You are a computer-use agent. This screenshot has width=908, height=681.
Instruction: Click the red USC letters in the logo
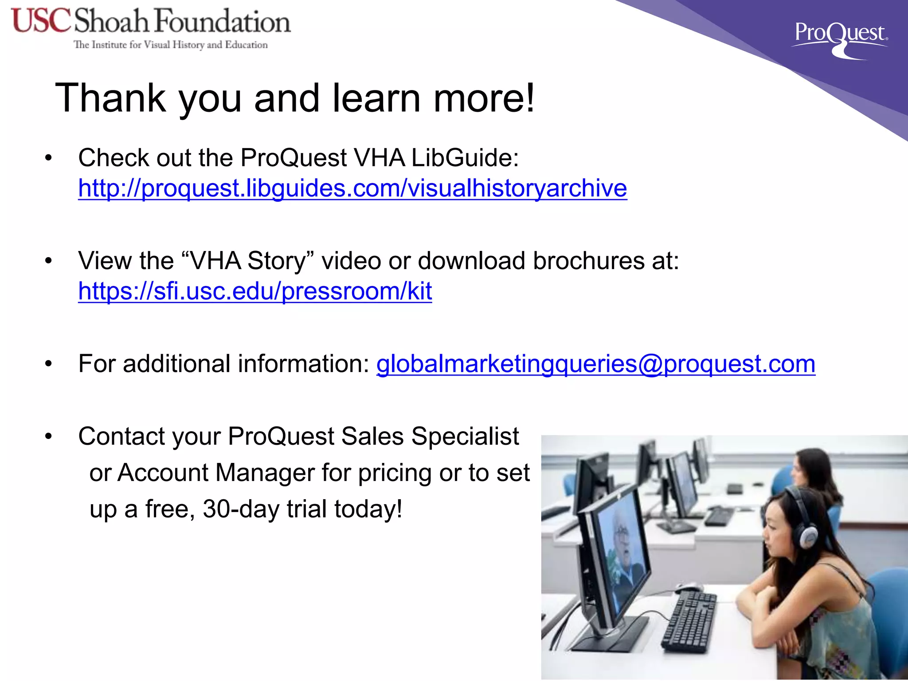41,21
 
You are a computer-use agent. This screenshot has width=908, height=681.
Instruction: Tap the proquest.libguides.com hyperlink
352,188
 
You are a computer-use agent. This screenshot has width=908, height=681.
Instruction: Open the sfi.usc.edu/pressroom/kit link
255,291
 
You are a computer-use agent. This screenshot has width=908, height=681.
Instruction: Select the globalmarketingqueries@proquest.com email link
595,364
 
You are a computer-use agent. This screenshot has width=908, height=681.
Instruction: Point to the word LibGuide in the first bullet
465,158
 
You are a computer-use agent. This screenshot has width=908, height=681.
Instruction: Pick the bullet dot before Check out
48,158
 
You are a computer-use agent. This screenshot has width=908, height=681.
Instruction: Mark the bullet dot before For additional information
48,364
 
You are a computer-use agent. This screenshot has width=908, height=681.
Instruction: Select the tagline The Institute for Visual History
171,45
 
